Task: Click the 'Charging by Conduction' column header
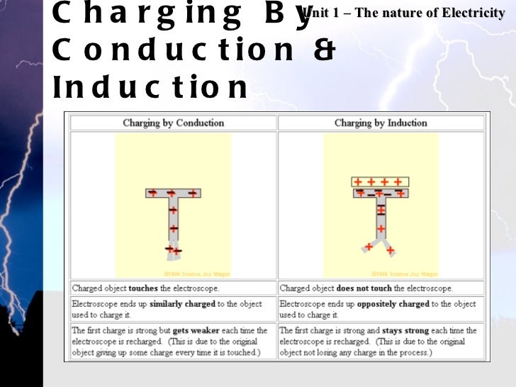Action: pyautogui.click(x=173, y=123)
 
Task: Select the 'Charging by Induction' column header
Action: pyautogui.click(x=381, y=123)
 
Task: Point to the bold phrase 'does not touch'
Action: pyautogui.click(x=360, y=288)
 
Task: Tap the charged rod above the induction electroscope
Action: pyautogui.click(x=381, y=181)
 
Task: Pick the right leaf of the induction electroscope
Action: pyautogui.click(x=389, y=247)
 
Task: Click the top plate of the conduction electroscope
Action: pyautogui.click(x=173, y=193)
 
